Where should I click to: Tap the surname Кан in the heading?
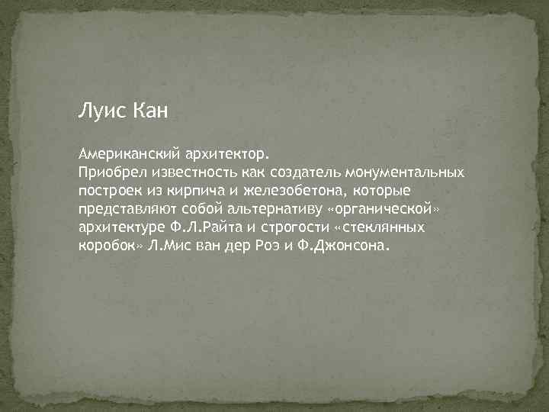click(x=149, y=112)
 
